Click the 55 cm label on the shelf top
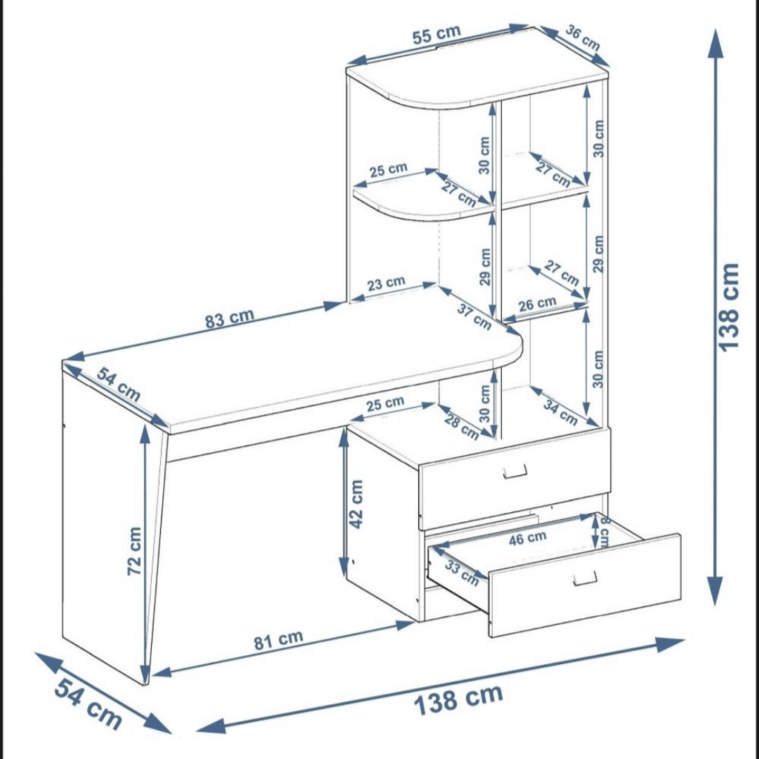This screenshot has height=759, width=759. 437,35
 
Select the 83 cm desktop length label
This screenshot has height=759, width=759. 230,319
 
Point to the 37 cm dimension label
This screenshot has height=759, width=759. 474,316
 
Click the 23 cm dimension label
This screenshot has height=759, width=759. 386,282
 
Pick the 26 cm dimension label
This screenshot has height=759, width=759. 537,303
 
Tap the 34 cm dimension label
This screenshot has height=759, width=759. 560,412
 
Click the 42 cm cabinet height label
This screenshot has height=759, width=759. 357,503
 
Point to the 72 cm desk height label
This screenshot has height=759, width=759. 134,551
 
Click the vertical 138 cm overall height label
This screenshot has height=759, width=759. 729,306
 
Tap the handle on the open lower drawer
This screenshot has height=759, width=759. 585,577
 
